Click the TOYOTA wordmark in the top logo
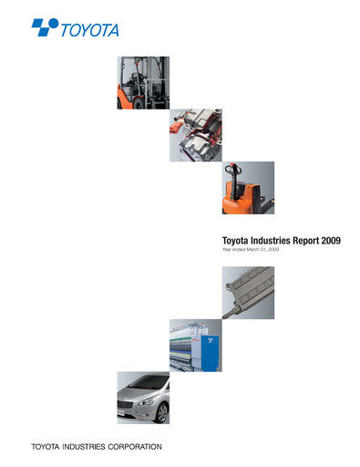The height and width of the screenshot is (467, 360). pos(89,30)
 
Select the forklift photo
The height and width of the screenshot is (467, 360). pos(143,82)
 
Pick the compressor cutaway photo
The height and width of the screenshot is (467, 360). pos(195,136)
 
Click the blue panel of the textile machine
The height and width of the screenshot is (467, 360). pos(210,350)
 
